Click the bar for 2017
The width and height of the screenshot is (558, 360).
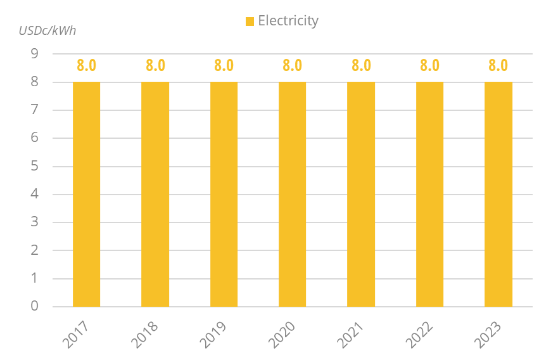click(x=86, y=194)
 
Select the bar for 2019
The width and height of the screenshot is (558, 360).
click(x=224, y=194)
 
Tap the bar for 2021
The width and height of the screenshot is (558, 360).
click(x=361, y=194)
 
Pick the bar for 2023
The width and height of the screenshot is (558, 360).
click(x=498, y=194)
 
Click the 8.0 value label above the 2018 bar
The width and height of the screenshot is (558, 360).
click(x=155, y=65)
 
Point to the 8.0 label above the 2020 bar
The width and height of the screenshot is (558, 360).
click(x=292, y=65)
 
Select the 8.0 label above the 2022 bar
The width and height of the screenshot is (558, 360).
click(x=429, y=65)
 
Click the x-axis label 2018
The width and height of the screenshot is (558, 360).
click(x=145, y=335)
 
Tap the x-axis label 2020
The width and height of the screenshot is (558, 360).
click(x=282, y=335)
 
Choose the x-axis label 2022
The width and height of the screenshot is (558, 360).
click(x=419, y=335)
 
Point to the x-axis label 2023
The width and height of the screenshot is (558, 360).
click(x=488, y=335)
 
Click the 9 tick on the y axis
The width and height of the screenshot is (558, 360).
click(x=34, y=54)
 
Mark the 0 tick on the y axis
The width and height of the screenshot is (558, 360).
click(x=34, y=306)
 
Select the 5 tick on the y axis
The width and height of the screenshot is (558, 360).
click(x=34, y=166)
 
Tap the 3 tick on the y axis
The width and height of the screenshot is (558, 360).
click(x=34, y=222)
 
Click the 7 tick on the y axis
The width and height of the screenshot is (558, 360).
click(x=34, y=110)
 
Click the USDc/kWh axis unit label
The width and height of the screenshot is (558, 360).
click(x=48, y=30)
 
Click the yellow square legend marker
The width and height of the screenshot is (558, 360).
click(x=250, y=22)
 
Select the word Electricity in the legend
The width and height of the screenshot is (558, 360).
click(x=288, y=21)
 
